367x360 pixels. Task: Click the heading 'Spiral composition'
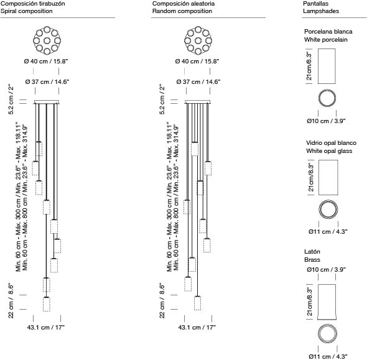click(27, 11)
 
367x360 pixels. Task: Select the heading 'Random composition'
click(182, 11)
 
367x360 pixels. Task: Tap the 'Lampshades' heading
click(321, 11)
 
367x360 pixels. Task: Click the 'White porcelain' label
click(325, 40)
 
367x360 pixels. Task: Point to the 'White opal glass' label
click(329, 151)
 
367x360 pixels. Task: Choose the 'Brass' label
click(312, 260)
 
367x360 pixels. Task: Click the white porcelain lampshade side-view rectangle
click(327, 66)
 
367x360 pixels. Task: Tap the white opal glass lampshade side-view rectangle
click(328, 178)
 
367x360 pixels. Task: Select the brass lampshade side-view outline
click(327, 302)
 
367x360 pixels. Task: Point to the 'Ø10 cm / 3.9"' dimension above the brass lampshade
click(326, 269)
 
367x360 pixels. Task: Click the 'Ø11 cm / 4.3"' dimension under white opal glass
click(328, 231)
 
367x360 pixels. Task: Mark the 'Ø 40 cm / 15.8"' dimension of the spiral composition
click(46, 62)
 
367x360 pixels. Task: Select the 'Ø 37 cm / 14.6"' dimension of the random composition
click(198, 81)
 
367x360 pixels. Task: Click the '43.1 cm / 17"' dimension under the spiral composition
click(46, 327)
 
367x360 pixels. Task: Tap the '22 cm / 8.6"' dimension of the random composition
click(162, 301)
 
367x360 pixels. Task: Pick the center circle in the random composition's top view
click(198, 40)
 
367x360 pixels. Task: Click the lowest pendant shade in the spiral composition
click(47, 304)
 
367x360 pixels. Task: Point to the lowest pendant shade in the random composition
click(198, 303)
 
